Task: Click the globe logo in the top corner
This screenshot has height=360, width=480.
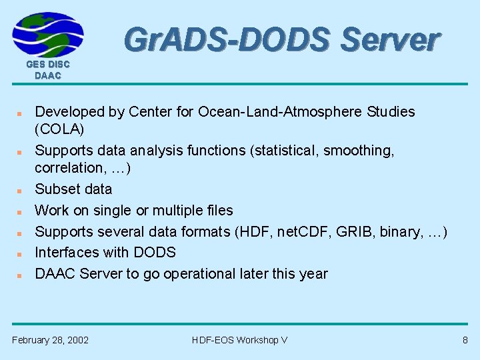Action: click(48, 34)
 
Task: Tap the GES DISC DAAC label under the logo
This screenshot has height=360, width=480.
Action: click(48, 70)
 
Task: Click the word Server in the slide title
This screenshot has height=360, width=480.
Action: click(390, 40)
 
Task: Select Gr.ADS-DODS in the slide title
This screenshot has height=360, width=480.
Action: click(227, 40)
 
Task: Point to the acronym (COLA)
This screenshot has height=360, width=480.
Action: click(59, 129)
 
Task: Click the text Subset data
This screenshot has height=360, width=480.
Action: click(73, 189)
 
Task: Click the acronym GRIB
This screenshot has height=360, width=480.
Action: click(349, 232)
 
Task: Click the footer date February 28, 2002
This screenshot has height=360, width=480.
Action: click(50, 340)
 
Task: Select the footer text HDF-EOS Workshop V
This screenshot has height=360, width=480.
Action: click(239, 340)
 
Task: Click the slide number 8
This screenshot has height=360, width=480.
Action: click(465, 340)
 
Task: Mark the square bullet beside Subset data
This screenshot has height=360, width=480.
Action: click(21, 190)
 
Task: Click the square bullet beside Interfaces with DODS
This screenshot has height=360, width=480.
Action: click(21, 253)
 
